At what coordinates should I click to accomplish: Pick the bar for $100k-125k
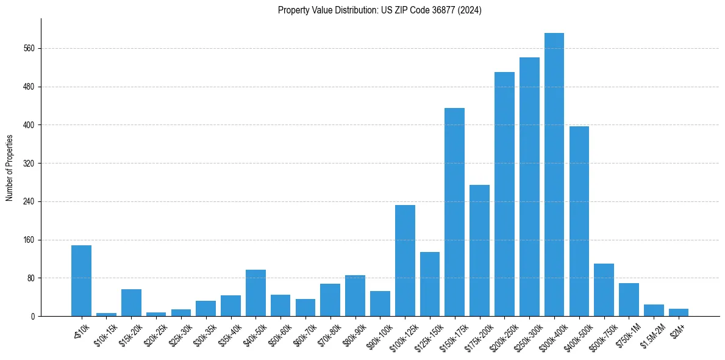coord(405,261)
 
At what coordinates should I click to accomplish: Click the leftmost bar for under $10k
coord(81,281)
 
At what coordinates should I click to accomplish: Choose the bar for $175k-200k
coord(479,251)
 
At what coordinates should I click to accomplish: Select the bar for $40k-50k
coord(255,293)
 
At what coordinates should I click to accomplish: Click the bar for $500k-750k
coord(604,290)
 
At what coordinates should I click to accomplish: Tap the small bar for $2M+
coord(678,312)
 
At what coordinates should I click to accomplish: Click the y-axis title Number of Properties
coord(10,168)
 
